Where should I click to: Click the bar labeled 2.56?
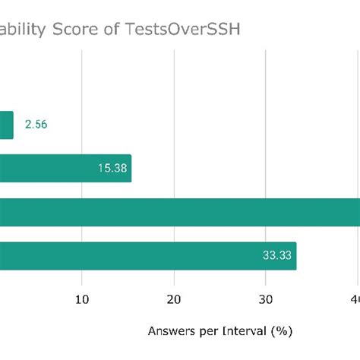pyautogui.click(x=6, y=125)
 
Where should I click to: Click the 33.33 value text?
pyautogui.click(x=277, y=255)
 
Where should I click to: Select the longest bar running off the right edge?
pyautogui.click(x=180, y=212)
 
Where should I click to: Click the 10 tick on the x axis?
pyautogui.click(x=83, y=300)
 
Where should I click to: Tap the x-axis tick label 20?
pyautogui.click(x=175, y=300)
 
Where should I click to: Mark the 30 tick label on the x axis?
pyautogui.click(x=266, y=300)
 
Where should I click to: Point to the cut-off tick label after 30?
pyautogui.click(x=355, y=300)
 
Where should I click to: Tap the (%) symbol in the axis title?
pyautogui.click(x=283, y=331)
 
